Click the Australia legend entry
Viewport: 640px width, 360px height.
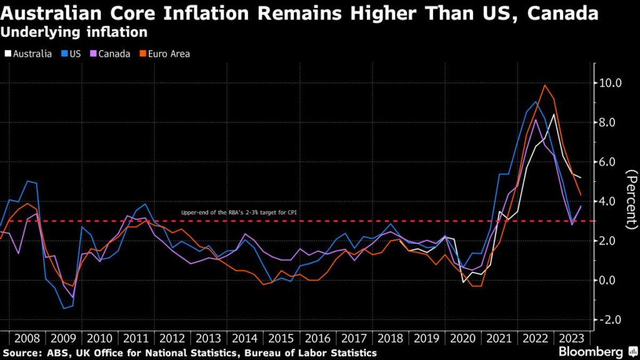(28, 54)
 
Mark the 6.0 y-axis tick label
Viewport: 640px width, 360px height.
(609, 162)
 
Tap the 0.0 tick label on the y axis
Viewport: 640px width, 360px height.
(609, 280)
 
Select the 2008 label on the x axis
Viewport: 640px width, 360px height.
(26, 338)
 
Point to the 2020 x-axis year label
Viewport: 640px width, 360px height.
(462, 338)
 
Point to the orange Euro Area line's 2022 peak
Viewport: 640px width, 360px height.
(545, 85)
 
